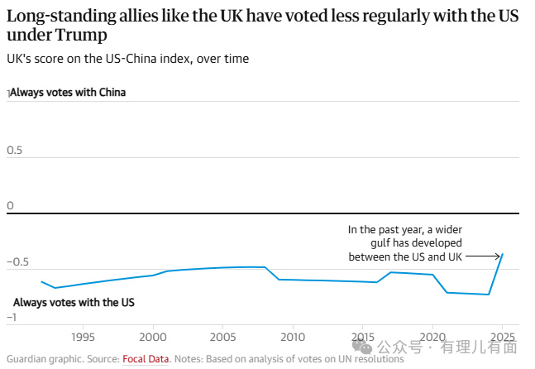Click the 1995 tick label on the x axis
(82, 337)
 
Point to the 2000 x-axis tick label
(152, 337)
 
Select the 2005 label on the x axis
(222, 337)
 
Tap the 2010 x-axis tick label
(292, 337)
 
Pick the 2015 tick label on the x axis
(362, 337)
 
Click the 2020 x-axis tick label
(432, 337)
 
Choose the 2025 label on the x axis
(502, 337)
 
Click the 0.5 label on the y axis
(14, 151)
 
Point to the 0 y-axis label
(11, 205)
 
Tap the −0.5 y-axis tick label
(17, 262)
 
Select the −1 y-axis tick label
(12, 318)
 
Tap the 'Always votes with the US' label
(74, 303)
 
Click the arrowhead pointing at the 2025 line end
(499, 256)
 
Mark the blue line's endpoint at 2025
(503, 254)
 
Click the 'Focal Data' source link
(146, 359)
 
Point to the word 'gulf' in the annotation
(381, 243)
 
